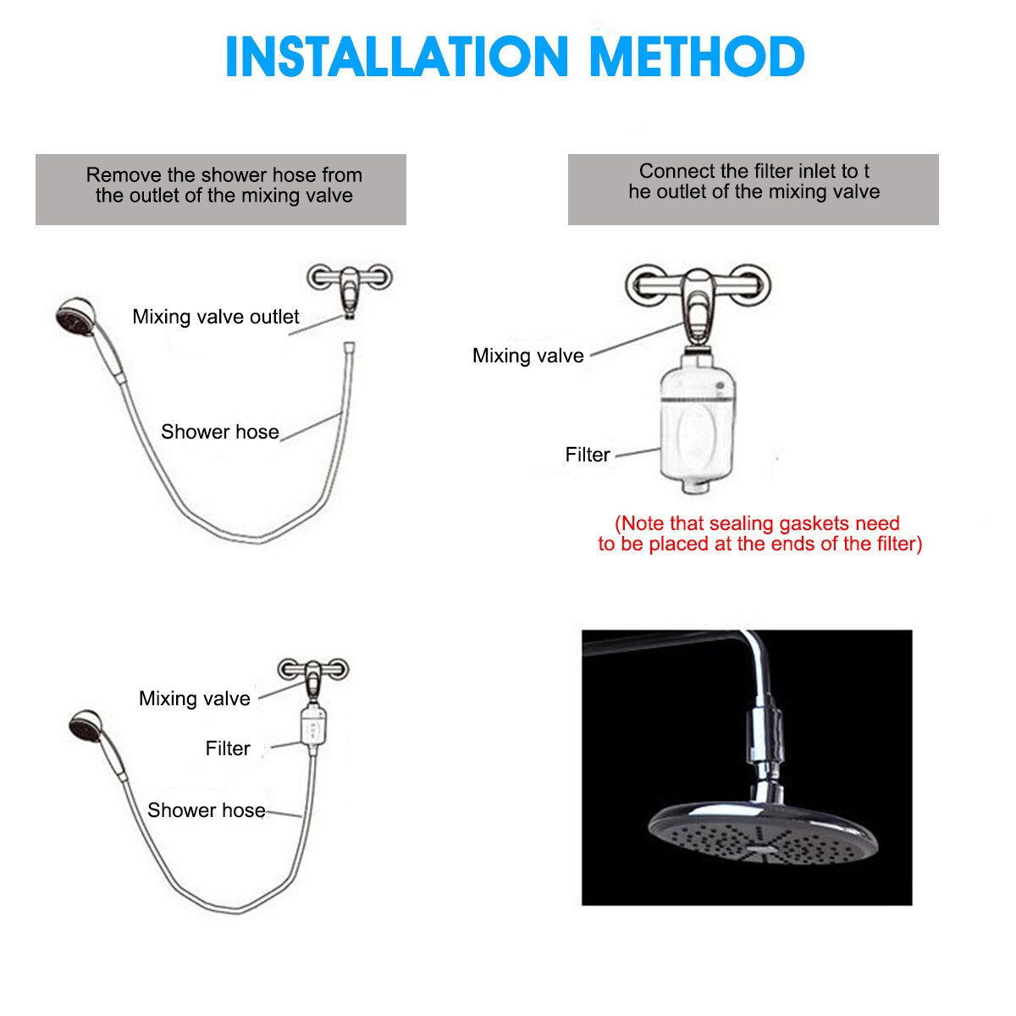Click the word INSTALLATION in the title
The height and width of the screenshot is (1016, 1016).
(x=396, y=57)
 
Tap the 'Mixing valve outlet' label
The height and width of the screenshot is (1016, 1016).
(x=215, y=317)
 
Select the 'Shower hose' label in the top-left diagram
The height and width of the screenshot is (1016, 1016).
(x=219, y=431)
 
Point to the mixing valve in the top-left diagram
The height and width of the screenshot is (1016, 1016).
(x=350, y=284)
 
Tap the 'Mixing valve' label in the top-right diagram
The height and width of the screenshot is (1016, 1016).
(x=527, y=356)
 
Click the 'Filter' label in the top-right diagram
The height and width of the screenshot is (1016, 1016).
(x=588, y=455)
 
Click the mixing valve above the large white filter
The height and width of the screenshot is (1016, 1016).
(x=698, y=303)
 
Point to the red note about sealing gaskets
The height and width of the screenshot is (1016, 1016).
(x=759, y=533)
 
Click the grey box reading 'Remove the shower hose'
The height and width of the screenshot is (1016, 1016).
(x=220, y=190)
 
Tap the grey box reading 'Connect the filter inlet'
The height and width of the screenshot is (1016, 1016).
(x=753, y=190)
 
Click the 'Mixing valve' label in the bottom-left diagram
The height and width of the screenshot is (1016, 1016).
(x=194, y=698)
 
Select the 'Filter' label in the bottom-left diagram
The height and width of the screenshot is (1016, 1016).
(x=227, y=748)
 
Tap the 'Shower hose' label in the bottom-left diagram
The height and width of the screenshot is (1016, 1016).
(x=206, y=810)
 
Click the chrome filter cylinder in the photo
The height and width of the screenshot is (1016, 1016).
(x=763, y=740)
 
